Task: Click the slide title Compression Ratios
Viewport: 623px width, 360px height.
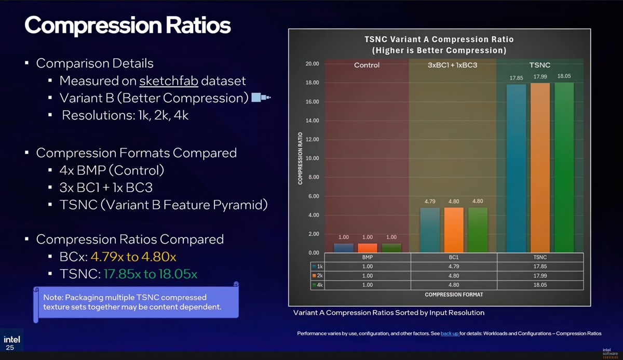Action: coord(127,25)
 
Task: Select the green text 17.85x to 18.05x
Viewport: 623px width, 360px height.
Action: coord(151,274)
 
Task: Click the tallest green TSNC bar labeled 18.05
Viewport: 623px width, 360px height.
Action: coord(564,166)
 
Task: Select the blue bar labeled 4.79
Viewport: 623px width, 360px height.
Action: coord(429,230)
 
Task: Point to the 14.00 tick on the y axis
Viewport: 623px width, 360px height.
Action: coord(313,121)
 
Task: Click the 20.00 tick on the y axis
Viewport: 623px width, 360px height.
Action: coord(313,64)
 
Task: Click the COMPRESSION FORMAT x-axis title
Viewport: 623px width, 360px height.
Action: coord(453,295)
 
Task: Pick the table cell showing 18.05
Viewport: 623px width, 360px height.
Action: coord(540,285)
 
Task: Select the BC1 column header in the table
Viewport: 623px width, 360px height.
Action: coord(454,257)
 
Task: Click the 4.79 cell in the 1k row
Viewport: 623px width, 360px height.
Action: coord(454,266)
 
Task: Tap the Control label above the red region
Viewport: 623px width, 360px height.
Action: coord(367,65)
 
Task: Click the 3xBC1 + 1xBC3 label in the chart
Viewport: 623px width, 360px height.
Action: coord(453,65)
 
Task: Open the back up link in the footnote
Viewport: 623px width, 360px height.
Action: coord(449,333)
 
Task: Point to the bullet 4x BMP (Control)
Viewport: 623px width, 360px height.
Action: coord(112,170)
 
